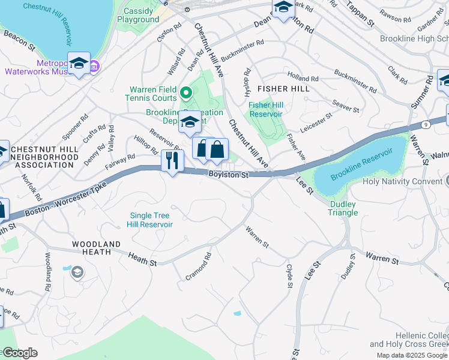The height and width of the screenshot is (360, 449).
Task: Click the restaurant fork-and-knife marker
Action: pos(172,161)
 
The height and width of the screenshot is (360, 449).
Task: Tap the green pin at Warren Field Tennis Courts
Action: pos(186,93)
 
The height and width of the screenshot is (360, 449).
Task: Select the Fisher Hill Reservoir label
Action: pos(266,109)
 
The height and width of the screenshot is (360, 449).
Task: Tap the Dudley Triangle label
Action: pos(343,208)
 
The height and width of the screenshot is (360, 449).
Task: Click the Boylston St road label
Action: pos(229,175)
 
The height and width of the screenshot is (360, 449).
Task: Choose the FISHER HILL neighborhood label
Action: pos(283,89)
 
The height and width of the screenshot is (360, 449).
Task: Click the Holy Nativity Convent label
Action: pos(394,181)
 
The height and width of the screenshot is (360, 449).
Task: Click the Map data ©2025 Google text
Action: pos(412,355)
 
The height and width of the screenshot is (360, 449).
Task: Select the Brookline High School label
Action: pos(414,38)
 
